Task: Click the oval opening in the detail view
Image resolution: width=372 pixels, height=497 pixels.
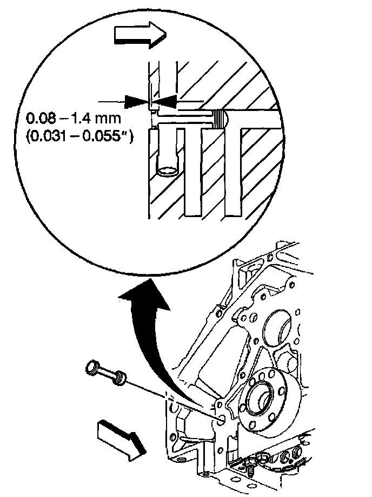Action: coord(168,172)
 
